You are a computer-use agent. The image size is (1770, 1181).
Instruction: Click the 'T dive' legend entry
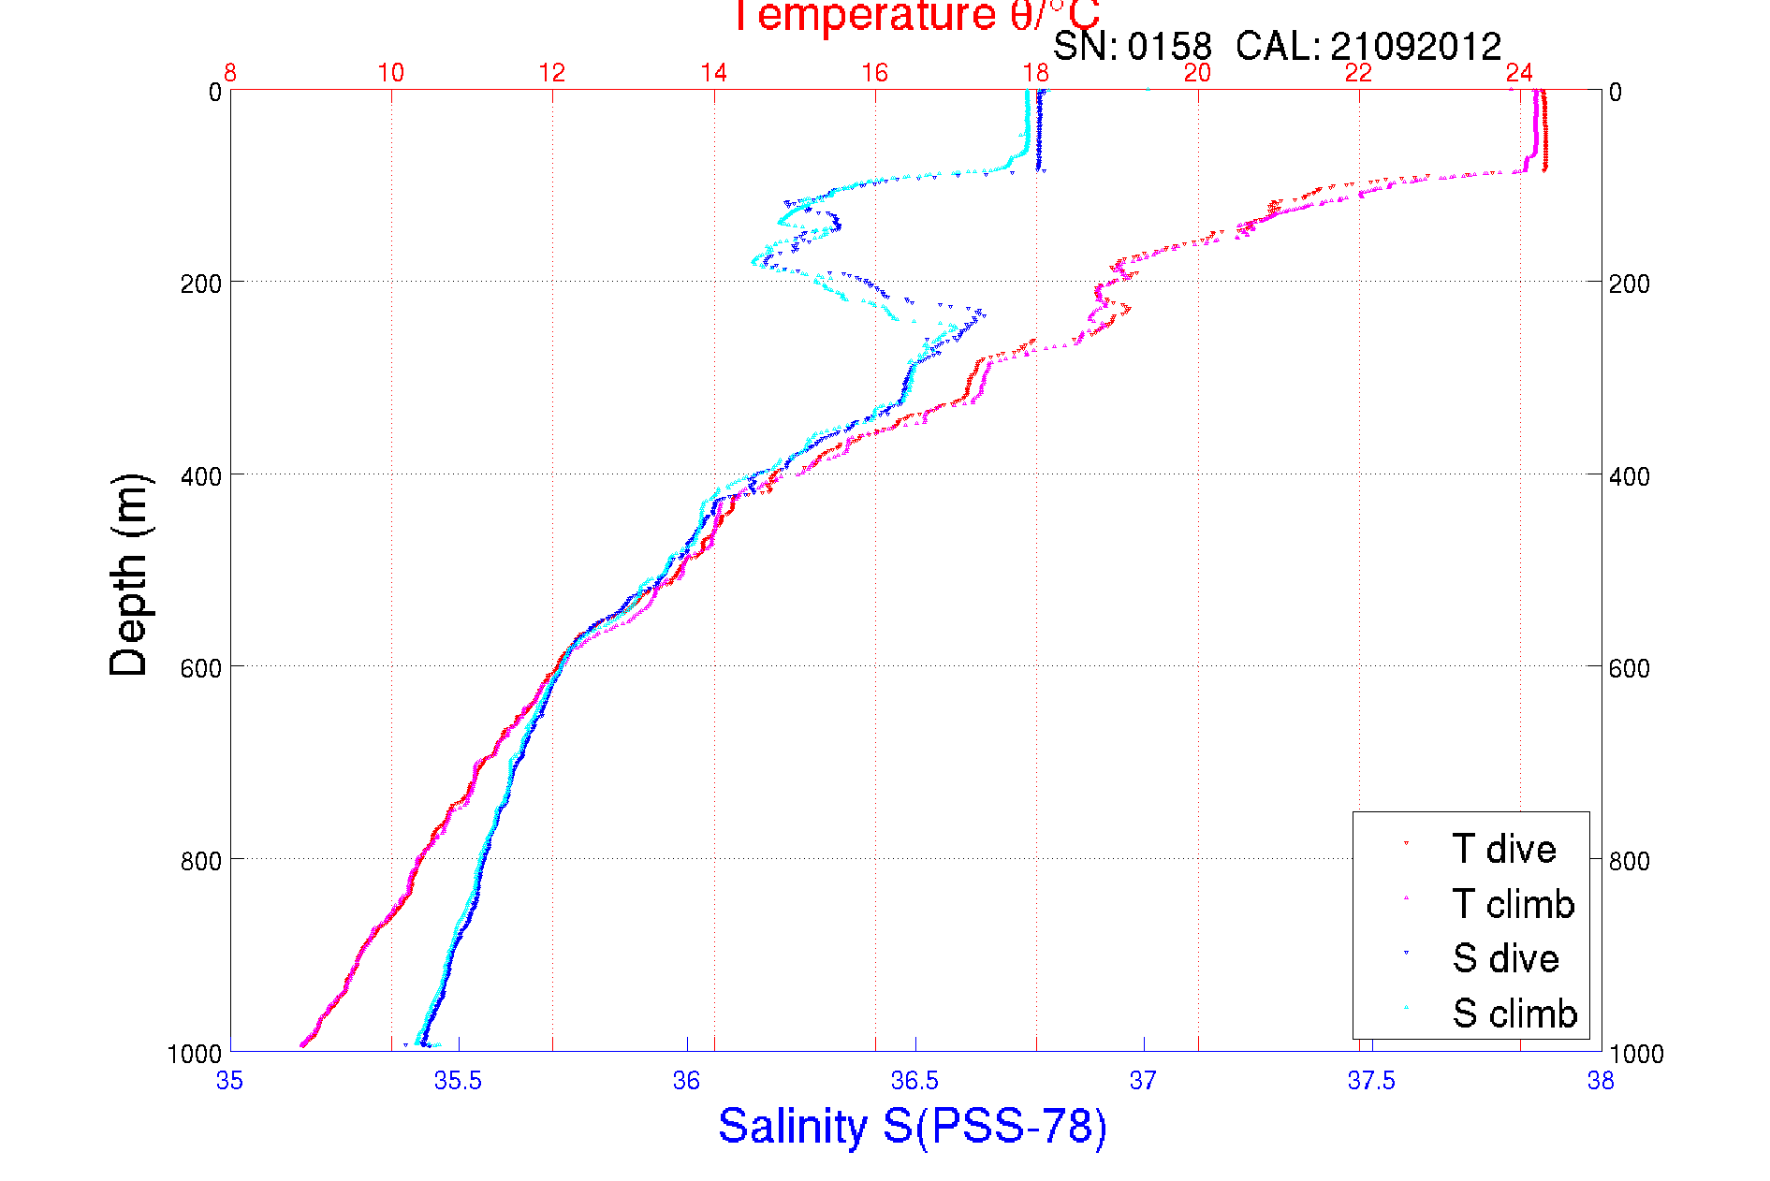pos(1503,849)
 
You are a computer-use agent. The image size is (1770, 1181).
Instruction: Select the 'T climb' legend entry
pos(1513,904)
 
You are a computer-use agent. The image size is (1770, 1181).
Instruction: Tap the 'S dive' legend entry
pos(1505,958)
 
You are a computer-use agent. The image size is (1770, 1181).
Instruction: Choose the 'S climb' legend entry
pos(1514,1013)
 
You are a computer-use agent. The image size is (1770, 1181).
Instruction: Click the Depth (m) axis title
pos(129,575)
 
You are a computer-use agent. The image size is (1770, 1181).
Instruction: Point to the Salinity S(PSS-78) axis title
pos(913,1126)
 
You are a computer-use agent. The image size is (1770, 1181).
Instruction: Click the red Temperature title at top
pos(915,16)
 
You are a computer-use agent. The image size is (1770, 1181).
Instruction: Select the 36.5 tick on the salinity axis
pos(914,1081)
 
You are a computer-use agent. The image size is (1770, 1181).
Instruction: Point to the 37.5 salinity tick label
pos(1371,1081)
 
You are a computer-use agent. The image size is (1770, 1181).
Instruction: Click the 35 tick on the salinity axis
pos(229,1081)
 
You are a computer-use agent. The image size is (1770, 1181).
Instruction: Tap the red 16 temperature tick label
pos(874,73)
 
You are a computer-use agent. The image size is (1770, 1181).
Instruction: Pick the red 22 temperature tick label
pos(1358,73)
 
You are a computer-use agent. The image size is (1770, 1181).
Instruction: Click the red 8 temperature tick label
pos(230,73)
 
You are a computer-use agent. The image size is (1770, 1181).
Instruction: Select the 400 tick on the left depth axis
pos(200,476)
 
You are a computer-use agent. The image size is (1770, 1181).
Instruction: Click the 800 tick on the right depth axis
pos(1629,861)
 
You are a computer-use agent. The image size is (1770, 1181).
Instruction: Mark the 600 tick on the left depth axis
pos(200,668)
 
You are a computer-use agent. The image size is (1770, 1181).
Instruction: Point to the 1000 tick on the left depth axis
pos(195,1054)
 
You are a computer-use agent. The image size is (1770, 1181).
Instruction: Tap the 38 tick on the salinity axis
pos(1601,1081)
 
